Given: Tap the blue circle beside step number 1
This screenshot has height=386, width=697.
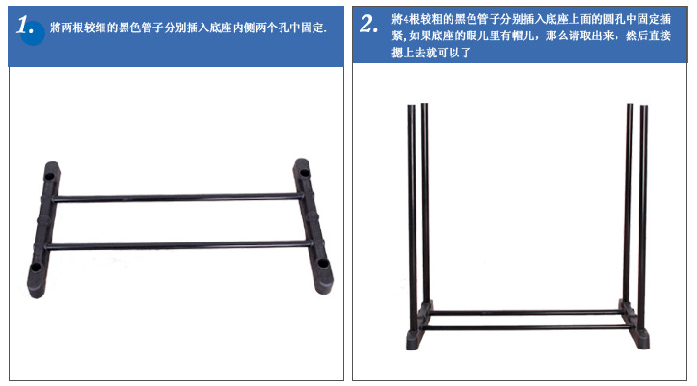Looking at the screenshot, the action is [x=33, y=34].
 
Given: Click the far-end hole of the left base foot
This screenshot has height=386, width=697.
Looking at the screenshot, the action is [x=49, y=177].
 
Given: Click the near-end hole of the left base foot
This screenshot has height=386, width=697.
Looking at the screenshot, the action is [x=35, y=268].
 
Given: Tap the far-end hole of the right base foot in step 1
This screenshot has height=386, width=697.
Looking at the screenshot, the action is [x=305, y=173].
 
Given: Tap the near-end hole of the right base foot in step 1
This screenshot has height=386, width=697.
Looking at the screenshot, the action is [x=323, y=264].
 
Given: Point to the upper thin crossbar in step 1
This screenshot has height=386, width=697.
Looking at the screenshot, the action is [x=177, y=197].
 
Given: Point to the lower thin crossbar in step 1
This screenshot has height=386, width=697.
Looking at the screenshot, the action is [x=177, y=245].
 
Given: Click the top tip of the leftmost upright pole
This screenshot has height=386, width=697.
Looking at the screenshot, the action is [x=411, y=106].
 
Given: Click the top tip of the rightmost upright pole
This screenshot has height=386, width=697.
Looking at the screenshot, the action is [x=643, y=107].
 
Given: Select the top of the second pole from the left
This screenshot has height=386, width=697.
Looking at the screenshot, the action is [x=424, y=105].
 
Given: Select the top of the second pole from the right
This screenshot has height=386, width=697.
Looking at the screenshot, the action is [x=630, y=105].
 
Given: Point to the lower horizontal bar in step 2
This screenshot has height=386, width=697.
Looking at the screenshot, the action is [x=527, y=327].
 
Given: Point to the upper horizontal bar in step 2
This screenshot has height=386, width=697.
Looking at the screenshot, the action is [x=526, y=313].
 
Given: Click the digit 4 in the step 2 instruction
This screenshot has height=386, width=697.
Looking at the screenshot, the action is [x=406, y=19].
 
